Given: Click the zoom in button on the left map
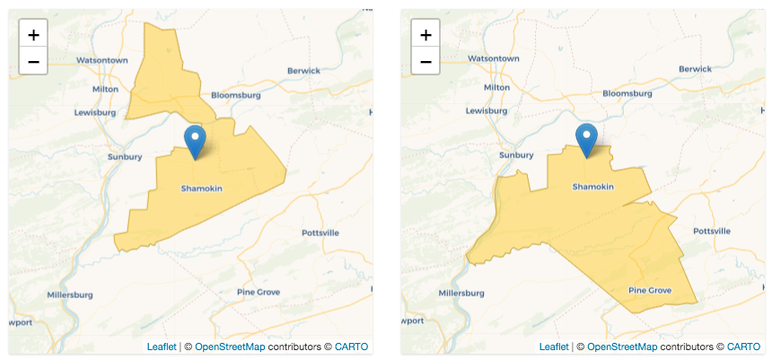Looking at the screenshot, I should tap(33, 35).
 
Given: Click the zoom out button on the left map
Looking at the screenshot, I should tap(33, 61).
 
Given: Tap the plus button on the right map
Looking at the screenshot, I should tap(425, 35).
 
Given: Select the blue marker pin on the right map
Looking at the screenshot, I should tap(587, 138).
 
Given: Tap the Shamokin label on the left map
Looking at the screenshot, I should tap(201, 189).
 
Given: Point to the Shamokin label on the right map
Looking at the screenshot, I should tap(592, 187).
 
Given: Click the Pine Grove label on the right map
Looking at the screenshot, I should tap(649, 290).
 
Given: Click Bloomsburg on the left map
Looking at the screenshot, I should tap(235, 95).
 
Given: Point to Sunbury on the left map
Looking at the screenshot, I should tap(125, 156).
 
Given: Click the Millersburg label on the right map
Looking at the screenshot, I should tap(461, 293).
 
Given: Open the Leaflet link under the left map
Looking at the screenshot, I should tap(162, 347).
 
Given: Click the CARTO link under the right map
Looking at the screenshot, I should tap(743, 347).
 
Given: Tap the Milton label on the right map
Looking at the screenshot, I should tap(496, 88).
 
